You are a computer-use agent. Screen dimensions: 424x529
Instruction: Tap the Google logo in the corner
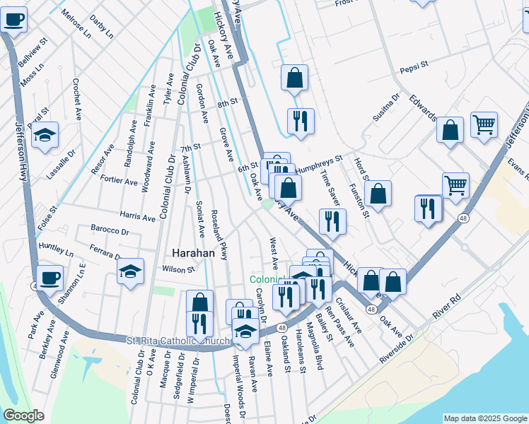pyautogui.click(x=24, y=416)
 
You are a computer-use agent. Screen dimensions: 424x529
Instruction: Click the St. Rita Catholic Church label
pyautogui.click(x=178, y=341)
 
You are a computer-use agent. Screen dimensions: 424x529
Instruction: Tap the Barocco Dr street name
pyautogui.click(x=110, y=230)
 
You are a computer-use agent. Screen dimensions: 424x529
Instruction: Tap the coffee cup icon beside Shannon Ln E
pyautogui.click(x=50, y=276)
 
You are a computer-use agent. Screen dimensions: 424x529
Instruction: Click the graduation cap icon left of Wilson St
pyautogui.click(x=131, y=271)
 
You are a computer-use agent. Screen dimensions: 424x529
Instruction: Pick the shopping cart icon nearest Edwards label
pyautogui.click(x=484, y=125)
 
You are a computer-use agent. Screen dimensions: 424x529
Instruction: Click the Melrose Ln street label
pyautogui.click(x=76, y=23)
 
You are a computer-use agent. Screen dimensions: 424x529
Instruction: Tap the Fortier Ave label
pyautogui.click(x=119, y=181)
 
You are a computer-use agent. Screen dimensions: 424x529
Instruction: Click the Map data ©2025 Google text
pyautogui.click(x=485, y=418)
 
